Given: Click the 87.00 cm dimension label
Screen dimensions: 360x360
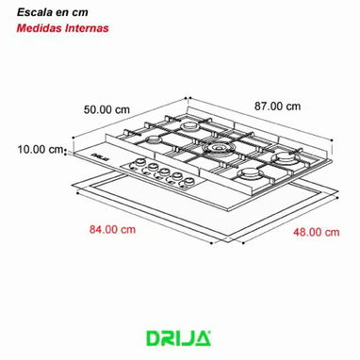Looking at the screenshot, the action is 277,106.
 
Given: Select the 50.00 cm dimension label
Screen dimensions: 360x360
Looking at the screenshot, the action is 106,109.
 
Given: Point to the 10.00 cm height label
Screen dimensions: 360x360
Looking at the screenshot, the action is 40,149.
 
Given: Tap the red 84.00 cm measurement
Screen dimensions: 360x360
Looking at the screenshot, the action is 112,229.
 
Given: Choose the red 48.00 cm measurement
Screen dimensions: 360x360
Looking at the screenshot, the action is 317,232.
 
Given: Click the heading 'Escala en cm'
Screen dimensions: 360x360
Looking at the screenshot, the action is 52,12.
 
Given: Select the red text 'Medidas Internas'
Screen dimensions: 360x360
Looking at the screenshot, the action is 62,28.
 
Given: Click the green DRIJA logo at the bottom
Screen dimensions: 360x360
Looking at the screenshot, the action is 178,338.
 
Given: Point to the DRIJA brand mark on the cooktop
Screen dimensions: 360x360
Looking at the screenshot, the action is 101,157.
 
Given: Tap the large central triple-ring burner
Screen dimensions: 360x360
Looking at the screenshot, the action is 217,148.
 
